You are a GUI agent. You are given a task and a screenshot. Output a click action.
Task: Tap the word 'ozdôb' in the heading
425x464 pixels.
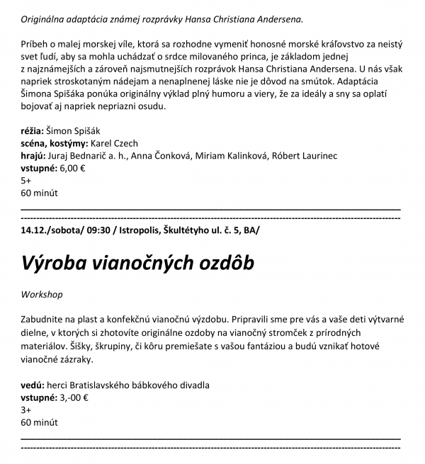[x=221, y=264]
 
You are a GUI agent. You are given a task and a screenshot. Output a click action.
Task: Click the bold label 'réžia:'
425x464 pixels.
[x=32, y=130]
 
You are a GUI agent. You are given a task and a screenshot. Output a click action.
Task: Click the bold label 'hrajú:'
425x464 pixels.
[x=33, y=155]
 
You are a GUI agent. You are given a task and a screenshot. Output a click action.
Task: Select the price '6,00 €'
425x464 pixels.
[x=72, y=168]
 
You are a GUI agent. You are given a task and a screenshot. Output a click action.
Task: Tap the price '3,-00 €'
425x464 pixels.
[x=74, y=397]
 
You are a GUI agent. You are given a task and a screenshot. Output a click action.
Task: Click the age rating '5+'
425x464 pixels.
[x=27, y=180]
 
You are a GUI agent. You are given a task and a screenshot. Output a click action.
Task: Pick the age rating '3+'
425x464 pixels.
[x=27, y=409]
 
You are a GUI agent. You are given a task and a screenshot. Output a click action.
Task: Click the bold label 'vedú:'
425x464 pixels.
[x=33, y=385]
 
